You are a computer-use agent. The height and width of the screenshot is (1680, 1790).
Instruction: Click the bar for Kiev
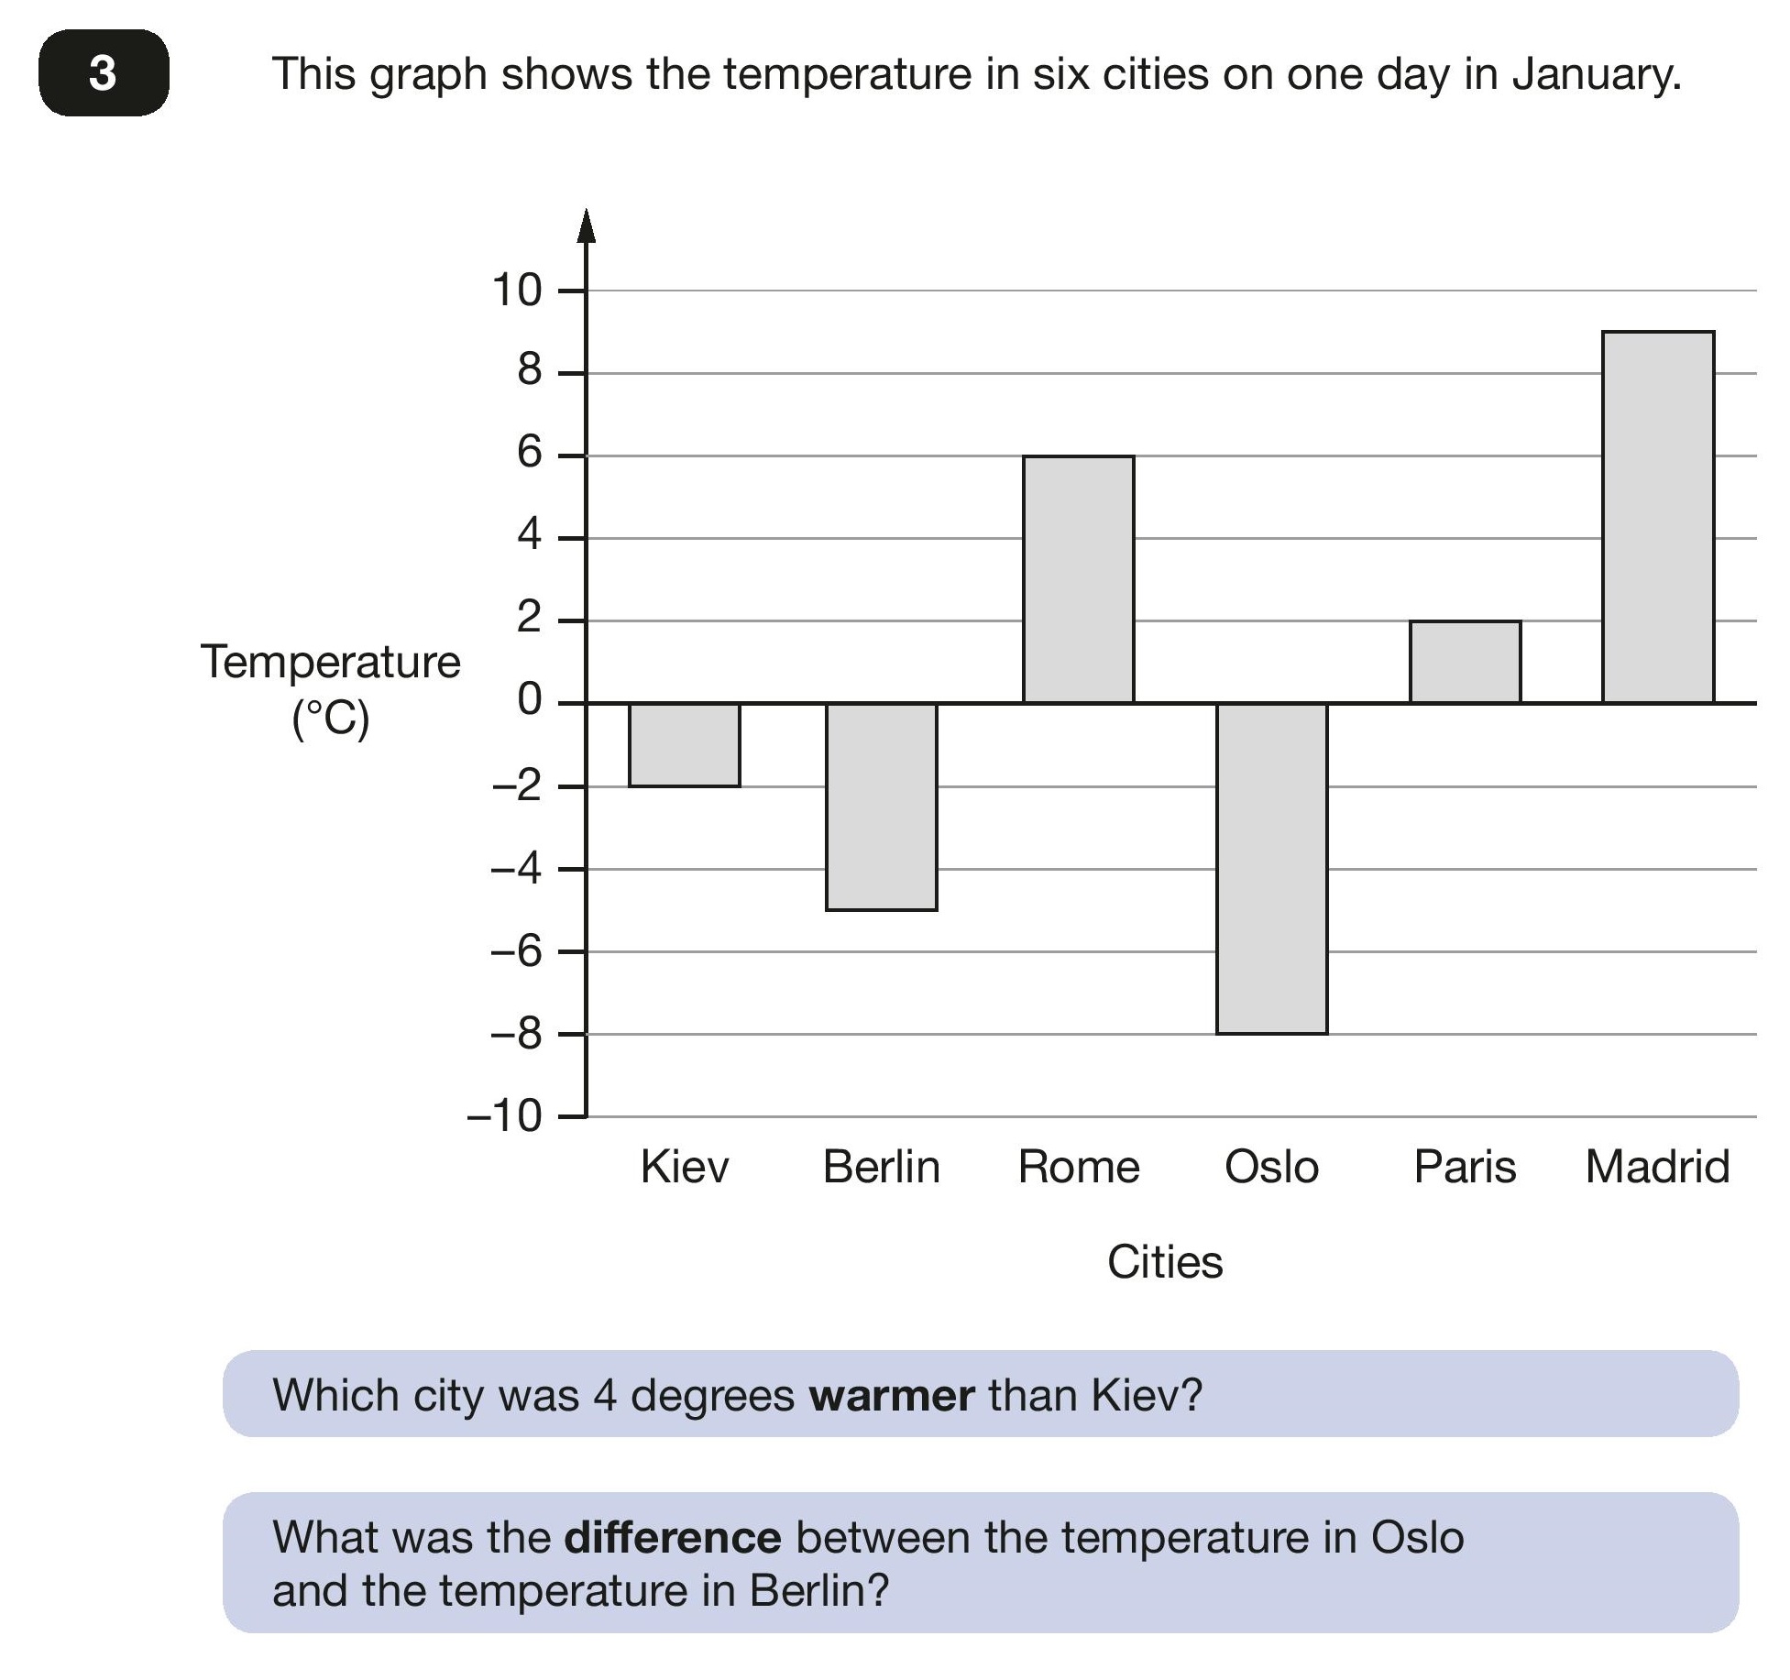pos(684,744)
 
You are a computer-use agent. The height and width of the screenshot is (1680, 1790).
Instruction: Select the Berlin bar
pos(881,807)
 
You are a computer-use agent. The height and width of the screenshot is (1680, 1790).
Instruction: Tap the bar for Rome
pos(1078,579)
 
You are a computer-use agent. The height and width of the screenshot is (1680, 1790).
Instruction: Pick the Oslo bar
pos(1271,868)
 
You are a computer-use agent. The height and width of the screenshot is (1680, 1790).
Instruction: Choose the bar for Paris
pos(1465,662)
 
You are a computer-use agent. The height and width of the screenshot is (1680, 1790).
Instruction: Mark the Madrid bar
pos(1657,517)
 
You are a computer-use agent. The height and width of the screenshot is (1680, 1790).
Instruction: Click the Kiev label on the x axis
pos(684,1167)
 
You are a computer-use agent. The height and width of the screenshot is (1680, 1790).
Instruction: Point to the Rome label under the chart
pos(1079,1167)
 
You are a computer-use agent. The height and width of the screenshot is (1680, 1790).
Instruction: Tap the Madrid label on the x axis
pos(1657,1167)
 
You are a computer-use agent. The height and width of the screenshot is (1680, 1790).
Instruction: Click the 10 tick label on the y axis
pos(517,291)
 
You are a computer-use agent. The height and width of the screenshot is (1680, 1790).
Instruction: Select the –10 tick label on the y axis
pos(504,1116)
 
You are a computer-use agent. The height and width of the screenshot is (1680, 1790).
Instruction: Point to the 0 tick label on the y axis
pos(530,700)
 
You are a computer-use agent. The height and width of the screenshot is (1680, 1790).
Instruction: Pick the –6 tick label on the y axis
pos(517,951)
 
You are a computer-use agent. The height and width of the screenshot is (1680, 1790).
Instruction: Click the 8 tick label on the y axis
pos(530,370)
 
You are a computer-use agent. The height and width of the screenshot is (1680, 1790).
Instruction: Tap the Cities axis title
pos(1164,1262)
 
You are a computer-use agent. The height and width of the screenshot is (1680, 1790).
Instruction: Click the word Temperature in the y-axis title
pos(330,662)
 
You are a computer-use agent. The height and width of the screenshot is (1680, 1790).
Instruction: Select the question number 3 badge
pos(104,72)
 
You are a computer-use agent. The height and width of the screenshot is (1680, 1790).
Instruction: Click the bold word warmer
pos(891,1396)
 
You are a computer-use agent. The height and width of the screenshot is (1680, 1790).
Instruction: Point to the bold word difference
pos(672,1538)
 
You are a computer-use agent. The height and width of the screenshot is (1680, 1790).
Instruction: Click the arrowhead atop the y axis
pos(587,225)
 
